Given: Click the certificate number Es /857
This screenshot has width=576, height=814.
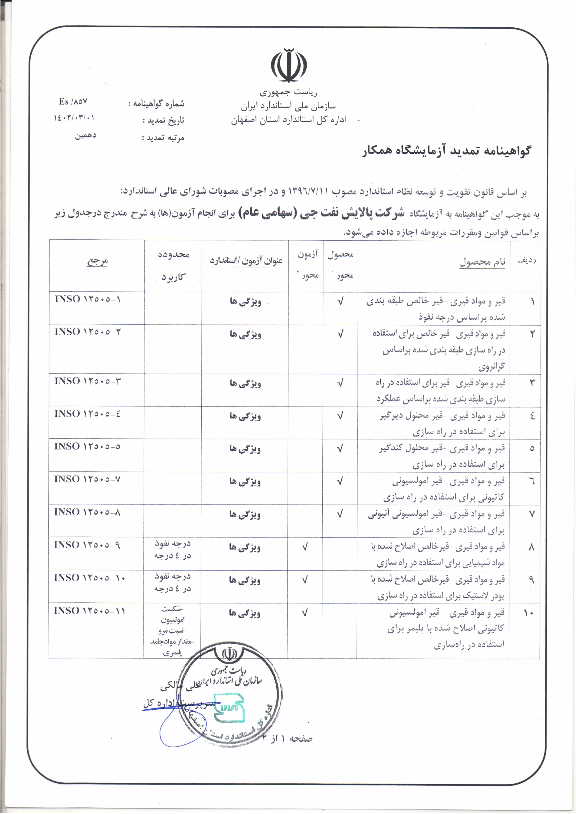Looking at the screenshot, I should point(73,102).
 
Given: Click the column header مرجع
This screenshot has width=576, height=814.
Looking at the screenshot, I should point(97,262).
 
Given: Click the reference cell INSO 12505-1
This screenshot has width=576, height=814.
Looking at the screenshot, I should point(88,299).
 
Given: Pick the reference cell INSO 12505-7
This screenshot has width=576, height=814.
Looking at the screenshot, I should point(87,479).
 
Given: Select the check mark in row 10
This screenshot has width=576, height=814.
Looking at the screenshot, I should point(304,612).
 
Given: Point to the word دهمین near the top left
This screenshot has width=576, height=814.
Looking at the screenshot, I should point(85,136).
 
